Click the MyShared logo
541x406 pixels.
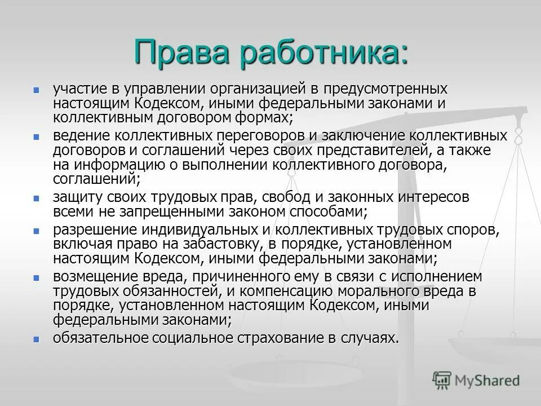(476, 380)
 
